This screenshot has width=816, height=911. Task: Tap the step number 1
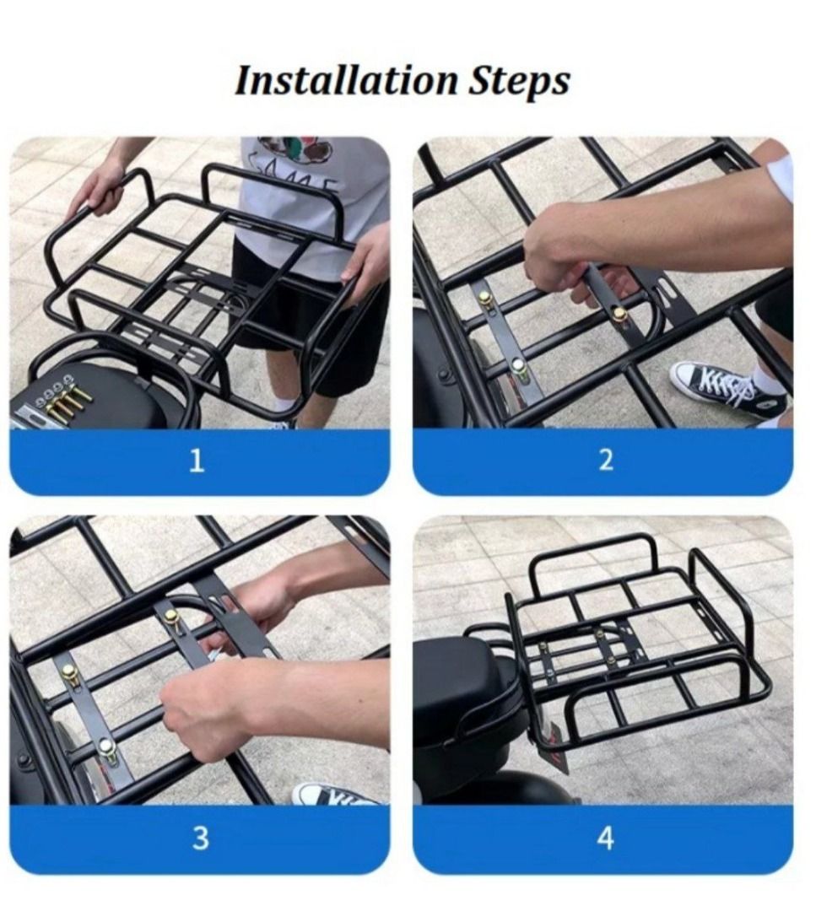(197, 461)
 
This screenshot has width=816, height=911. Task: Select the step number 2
(605, 461)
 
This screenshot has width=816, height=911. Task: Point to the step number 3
(200, 838)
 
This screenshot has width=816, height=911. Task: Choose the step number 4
(605, 838)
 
